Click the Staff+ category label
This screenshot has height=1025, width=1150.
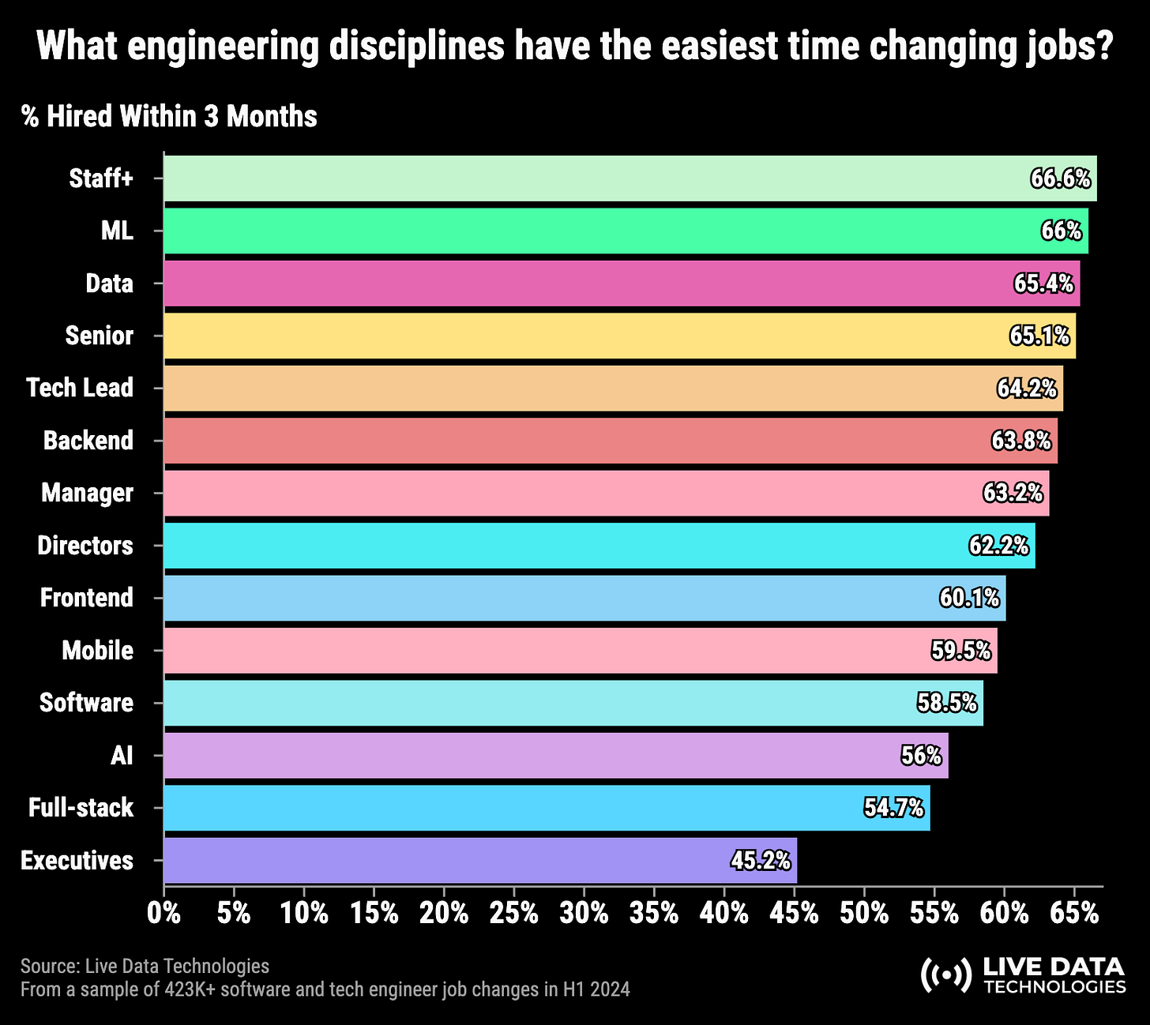point(101,178)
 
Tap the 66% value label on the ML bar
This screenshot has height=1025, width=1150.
point(1062,231)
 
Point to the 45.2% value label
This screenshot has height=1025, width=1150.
point(761,860)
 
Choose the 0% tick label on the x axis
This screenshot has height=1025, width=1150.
point(164,914)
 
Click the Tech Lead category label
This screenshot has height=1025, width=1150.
point(80,388)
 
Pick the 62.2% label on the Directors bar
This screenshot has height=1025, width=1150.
point(998,546)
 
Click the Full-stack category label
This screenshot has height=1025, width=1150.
point(81,808)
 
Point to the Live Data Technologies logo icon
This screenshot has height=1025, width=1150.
point(946,975)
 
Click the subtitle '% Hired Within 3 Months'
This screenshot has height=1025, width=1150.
point(169,117)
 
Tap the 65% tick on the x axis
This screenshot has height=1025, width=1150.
point(1075,914)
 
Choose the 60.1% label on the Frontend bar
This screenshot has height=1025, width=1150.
point(969,598)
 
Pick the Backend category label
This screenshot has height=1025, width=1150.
point(88,441)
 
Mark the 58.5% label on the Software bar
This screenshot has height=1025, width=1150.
point(947,703)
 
